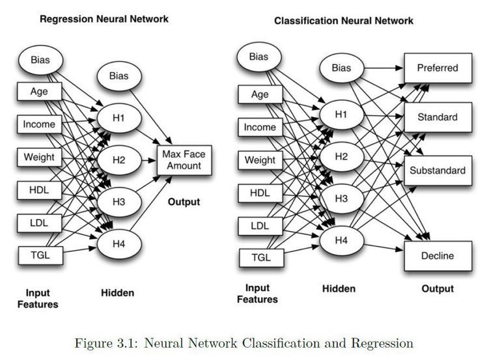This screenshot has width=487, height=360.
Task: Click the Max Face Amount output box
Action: [x=186, y=159]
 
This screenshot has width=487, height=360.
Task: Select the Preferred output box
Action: [x=437, y=68]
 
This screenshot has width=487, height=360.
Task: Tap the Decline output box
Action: [x=437, y=256]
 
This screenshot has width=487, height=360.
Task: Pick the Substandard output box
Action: [x=437, y=171]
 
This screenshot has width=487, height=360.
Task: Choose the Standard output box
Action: [x=437, y=118]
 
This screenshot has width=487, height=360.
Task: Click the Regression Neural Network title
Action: [x=104, y=19]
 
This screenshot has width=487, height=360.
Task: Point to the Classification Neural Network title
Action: [x=343, y=21]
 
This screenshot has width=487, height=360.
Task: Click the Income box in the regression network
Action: [x=39, y=124]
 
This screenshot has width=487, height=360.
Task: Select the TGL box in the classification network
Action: [x=260, y=258]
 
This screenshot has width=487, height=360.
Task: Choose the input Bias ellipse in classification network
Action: [x=258, y=57]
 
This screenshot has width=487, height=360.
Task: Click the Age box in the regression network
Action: [x=39, y=92]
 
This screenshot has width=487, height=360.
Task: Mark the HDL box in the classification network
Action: [x=260, y=193]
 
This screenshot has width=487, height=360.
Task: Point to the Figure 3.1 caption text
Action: [x=243, y=342]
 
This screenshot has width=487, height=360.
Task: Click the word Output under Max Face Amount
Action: [x=184, y=202]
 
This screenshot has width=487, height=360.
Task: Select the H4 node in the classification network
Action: [x=341, y=240]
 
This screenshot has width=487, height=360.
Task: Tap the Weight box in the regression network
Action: [x=39, y=157]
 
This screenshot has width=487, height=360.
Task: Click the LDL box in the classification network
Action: [x=260, y=226]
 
